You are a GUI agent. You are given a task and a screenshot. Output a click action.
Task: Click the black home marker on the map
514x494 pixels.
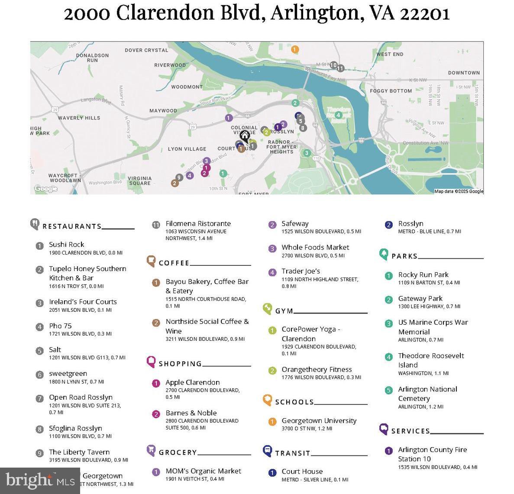(245, 136)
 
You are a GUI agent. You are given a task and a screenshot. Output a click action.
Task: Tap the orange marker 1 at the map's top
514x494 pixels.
(294, 49)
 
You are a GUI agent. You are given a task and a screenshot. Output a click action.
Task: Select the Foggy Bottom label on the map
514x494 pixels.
(391, 91)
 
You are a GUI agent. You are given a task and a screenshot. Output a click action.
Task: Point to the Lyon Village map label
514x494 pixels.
(187, 149)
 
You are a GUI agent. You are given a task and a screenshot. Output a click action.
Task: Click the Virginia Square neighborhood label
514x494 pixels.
(139, 181)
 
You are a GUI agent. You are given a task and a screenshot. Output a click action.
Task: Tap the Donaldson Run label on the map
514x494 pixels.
(92, 58)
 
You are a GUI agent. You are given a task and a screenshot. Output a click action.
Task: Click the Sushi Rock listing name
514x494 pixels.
(66, 245)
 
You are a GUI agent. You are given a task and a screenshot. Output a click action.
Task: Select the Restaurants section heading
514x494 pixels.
(72, 226)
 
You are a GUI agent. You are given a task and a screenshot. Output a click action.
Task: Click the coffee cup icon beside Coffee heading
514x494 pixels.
(151, 261)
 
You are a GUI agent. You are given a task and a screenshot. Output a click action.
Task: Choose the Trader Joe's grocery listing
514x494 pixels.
(301, 271)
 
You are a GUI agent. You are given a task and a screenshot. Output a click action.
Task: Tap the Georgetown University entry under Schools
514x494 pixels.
(319, 421)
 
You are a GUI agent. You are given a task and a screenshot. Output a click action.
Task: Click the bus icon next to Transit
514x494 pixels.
(268, 451)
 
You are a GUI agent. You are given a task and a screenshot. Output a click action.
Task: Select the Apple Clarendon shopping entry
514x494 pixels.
(192, 383)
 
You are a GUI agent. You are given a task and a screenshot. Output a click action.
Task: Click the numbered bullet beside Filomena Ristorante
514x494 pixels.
(156, 225)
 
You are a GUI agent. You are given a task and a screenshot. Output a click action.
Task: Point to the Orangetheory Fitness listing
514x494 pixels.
(317, 370)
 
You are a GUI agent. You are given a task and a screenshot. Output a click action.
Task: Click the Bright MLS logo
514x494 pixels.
(40, 481)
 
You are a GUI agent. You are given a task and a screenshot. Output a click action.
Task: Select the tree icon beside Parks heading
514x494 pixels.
(384, 254)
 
